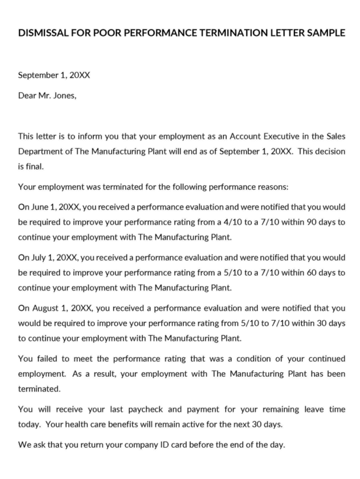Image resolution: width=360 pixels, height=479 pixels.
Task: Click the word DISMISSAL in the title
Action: (42, 33)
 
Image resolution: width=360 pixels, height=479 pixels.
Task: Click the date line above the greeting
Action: (54, 75)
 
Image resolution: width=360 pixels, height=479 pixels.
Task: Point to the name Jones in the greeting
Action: (64, 95)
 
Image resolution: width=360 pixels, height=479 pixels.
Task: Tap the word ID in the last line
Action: (166, 445)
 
